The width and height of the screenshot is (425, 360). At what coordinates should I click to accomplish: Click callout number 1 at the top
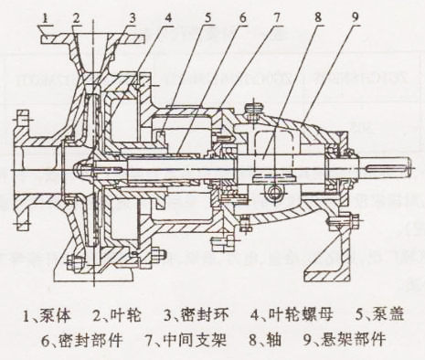pyautogui.click(x=46, y=16)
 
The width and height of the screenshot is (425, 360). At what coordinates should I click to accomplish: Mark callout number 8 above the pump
pyautogui.click(x=313, y=16)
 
